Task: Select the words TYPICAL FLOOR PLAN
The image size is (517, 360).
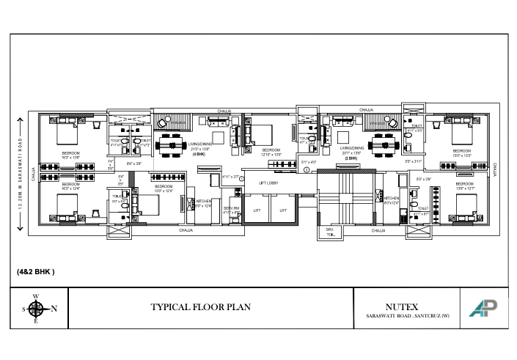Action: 200,307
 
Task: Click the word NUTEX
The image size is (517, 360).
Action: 401,306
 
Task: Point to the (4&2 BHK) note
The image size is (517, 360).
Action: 36,271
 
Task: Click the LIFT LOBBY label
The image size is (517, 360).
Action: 268,182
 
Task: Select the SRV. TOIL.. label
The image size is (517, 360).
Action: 331,232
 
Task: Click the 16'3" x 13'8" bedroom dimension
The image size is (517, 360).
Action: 71,157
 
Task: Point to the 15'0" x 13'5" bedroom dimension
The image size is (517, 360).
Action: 462,155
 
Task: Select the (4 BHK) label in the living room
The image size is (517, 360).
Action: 199,155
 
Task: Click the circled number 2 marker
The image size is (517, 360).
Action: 307,170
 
